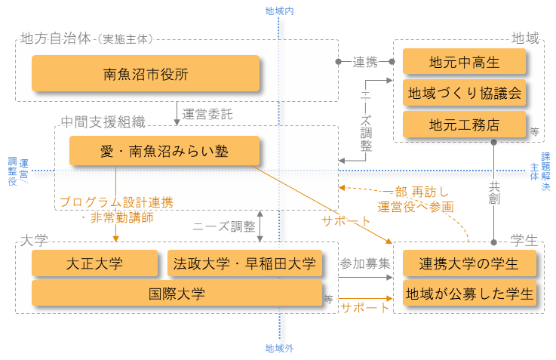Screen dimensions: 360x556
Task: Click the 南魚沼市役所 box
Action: (x=146, y=73)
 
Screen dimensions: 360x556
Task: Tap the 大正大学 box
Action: (x=94, y=263)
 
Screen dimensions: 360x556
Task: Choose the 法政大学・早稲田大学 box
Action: (x=245, y=263)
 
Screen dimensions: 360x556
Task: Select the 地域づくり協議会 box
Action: (x=464, y=93)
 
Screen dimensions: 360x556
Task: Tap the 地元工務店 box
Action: (x=464, y=124)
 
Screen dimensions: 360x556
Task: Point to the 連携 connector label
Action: (x=365, y=62)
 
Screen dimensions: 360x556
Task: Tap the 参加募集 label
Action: (x=364, y=263)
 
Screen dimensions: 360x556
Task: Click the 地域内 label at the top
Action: (x=279, y=11)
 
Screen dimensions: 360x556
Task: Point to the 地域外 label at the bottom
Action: (x=279, y=349)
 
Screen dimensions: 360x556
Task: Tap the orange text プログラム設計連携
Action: (x=116, y=202)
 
